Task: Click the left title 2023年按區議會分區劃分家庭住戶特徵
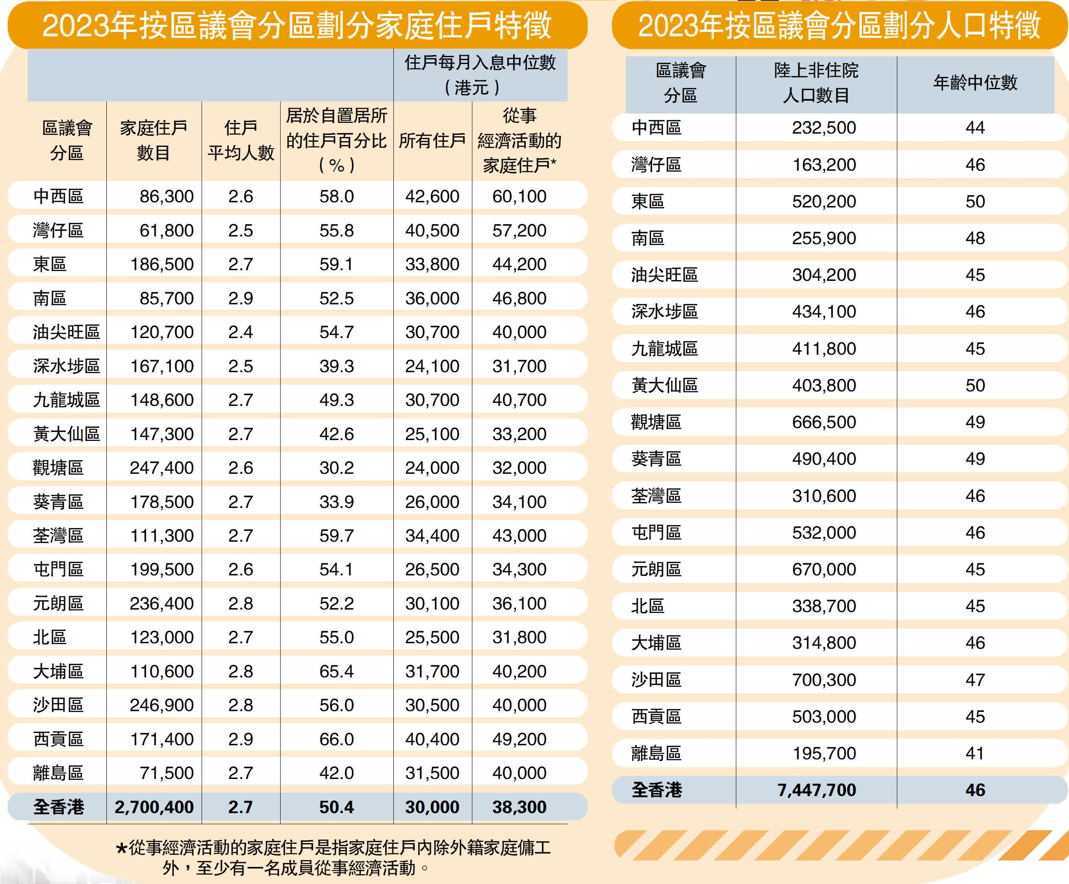point(297,26)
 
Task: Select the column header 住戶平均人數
point(241,140)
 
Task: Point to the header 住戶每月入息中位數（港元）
point(480,75)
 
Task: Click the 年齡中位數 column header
point(975,82)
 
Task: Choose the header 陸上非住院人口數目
point(816,82)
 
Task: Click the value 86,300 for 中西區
point(167,196)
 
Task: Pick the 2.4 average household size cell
point(240,332)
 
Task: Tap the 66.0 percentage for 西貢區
point(337,739)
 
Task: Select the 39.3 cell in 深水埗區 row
point(337,366)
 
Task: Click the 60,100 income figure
point(519,196)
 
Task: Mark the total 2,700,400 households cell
point(154,807)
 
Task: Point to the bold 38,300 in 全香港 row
point(519,807)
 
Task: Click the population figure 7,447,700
point(817,790)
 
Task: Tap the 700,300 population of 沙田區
point(824,680)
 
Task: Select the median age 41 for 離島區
point(975,753)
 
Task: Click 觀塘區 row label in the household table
point(58,468)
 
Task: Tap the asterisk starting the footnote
point(121,848)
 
